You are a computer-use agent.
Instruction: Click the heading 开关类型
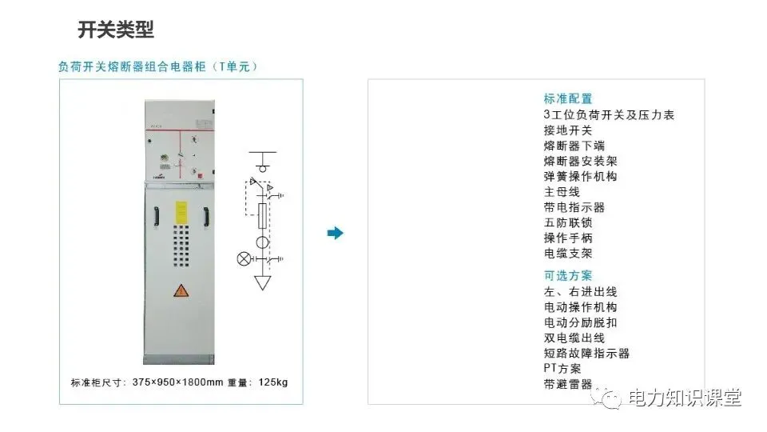click(116, 30)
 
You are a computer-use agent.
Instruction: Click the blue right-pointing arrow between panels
click(336, 233)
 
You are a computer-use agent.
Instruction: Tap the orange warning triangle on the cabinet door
click(181, 291)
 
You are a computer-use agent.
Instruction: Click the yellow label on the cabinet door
click(181, 213)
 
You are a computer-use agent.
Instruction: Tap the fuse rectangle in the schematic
click(261, 215)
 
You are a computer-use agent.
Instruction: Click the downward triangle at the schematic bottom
click(261, 282)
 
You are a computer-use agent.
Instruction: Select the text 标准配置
click(568, 99)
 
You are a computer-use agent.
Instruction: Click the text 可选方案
click(568, 276)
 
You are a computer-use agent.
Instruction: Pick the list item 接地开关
click(568, 130)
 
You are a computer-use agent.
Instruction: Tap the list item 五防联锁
click(568, 222)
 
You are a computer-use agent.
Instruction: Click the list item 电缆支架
click(568, 254)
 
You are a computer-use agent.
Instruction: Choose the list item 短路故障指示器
click(586, 353)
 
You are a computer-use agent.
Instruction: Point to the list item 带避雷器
click(568, 383)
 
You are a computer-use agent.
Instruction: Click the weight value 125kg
click(272, 382)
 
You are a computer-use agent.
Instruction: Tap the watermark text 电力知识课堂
click(686, 398)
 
